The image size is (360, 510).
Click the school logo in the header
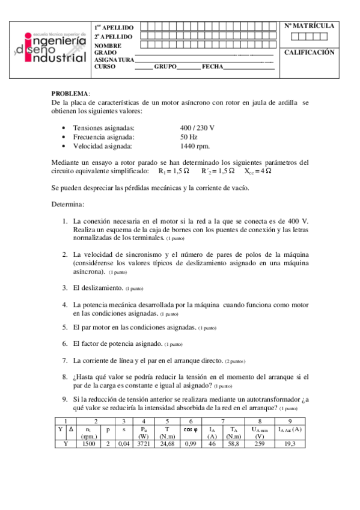(x=53, y=48)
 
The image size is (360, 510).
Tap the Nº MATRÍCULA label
(x=309, y=26)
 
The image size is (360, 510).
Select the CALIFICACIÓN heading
(x=309, y=53)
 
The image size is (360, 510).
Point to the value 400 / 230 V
(x=197, y=129)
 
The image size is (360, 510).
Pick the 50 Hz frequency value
(x=189, y=137)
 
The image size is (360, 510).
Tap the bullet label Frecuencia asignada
(x=103, y=137)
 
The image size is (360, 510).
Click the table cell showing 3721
(x=144, y=443)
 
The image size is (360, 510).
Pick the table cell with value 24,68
(x=167, y=443)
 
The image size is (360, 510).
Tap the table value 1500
(x=89, y=443)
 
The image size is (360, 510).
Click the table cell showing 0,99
(x=192, y=443)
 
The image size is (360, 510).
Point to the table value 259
(x=259, y=443)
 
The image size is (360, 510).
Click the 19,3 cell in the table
(x=290, y=443)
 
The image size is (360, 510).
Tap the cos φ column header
(x=191, y=429)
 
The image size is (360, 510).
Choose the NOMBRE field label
(x=108, y=46)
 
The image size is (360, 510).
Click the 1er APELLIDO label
(x=114, y=28)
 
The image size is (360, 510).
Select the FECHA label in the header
(x=213, y=66)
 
